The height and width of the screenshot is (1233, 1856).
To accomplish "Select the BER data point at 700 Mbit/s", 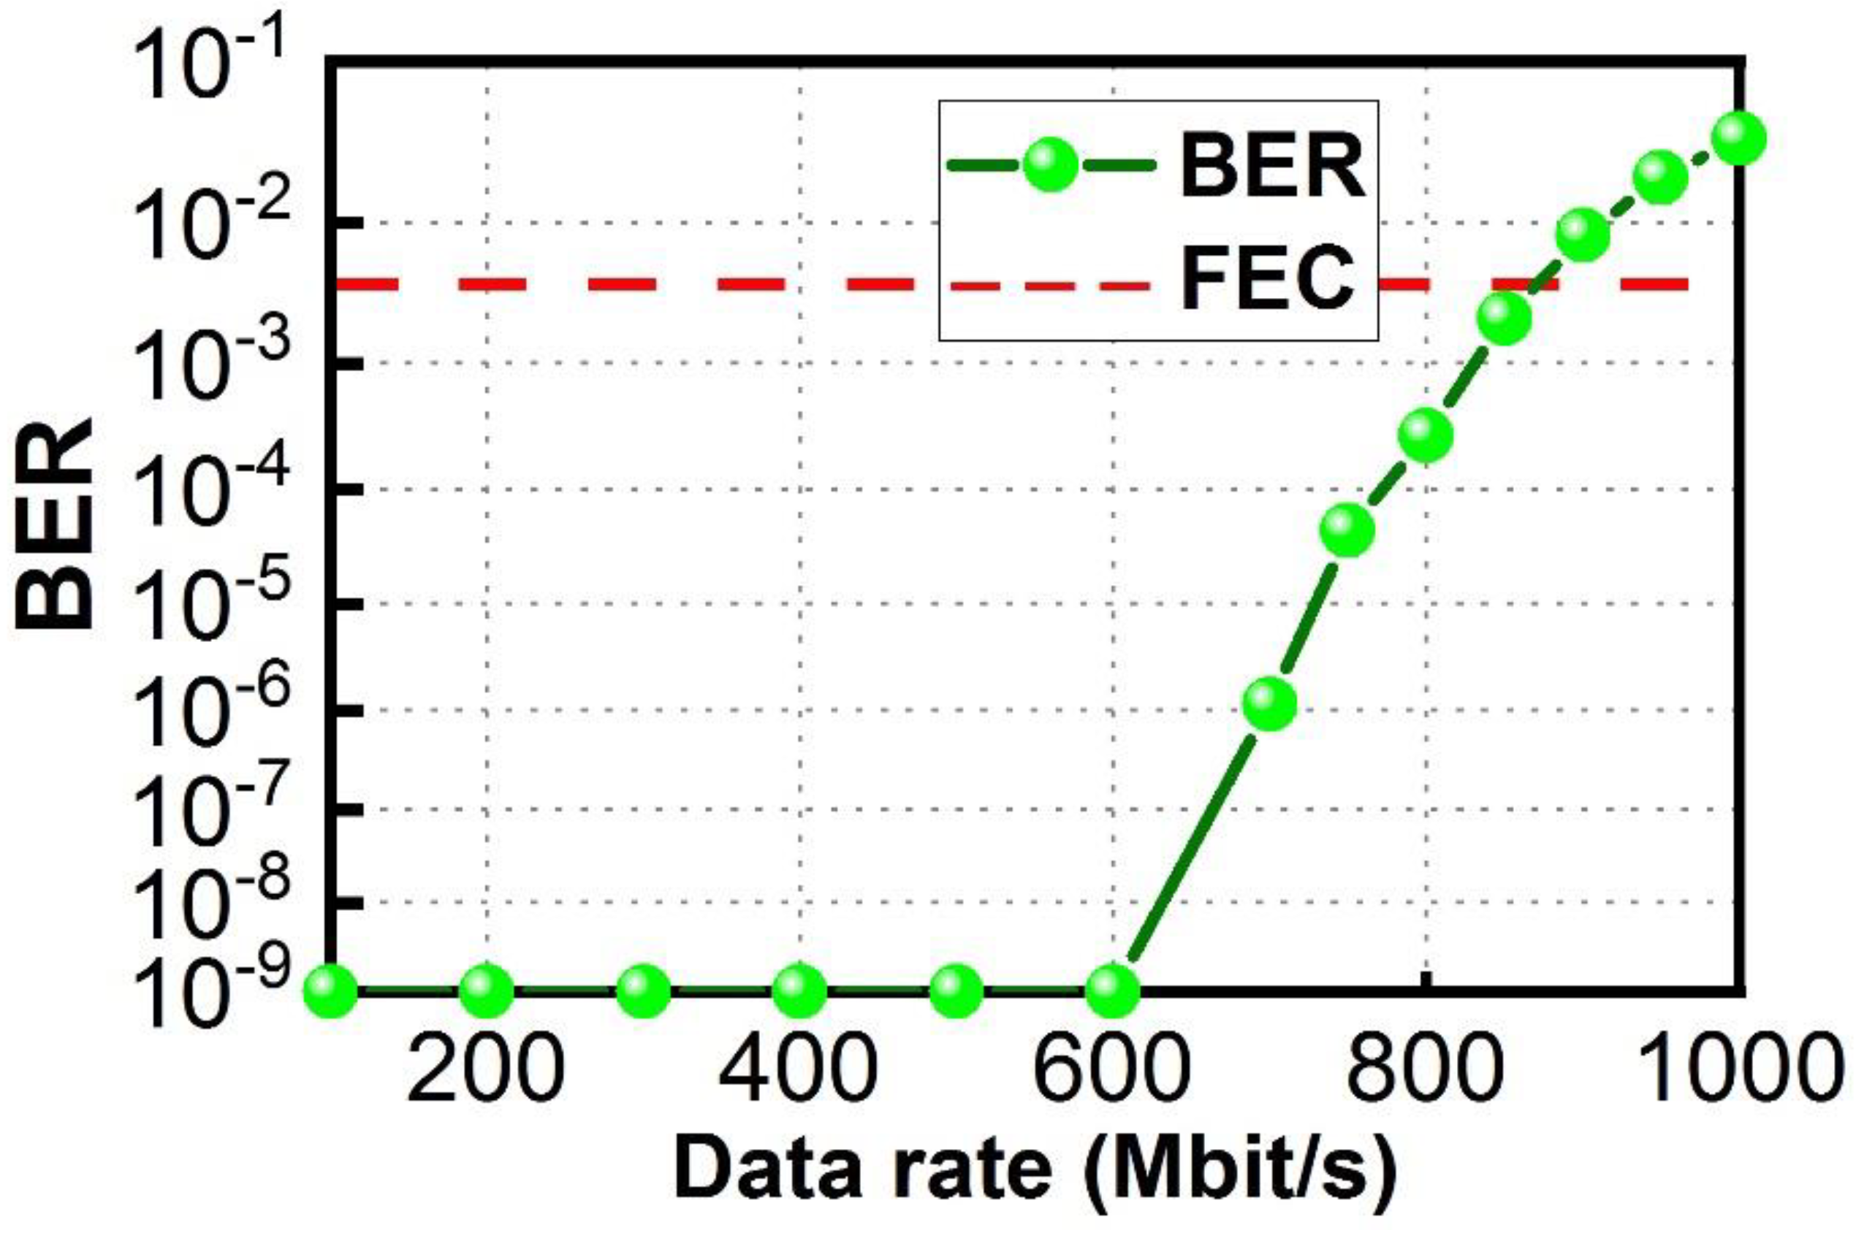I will point(1269,702).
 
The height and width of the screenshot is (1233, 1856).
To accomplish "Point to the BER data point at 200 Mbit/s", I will point(487,990).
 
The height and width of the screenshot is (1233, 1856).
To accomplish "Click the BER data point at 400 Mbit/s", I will point(800,990).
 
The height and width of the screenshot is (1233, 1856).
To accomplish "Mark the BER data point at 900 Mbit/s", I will point(1582,234).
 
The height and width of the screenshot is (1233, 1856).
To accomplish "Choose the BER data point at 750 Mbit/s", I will point(1348,530).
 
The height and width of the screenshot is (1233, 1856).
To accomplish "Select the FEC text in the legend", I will point(1269,280).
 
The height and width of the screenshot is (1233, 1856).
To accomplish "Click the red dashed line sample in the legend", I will point(1051,285).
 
